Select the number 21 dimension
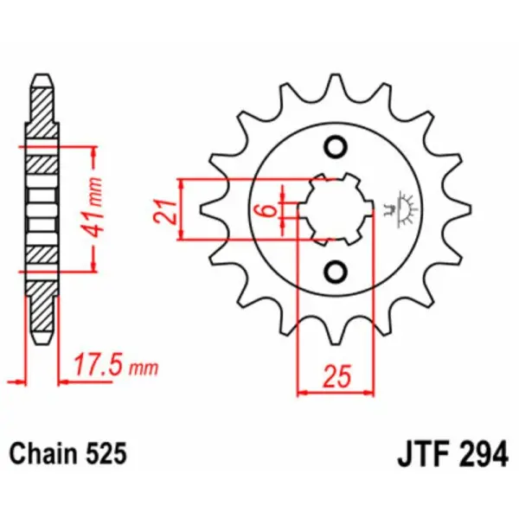coord(170,210)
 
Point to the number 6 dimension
coord(270,209)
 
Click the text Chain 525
coord(69,452)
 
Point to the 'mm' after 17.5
coord(144,369)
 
